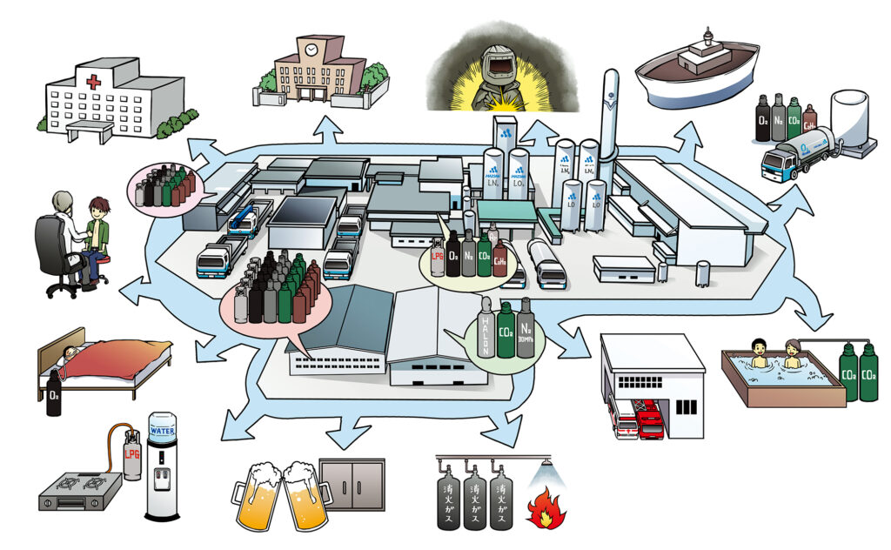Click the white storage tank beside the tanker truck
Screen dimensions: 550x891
848,120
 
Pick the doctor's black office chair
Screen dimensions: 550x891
54,252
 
